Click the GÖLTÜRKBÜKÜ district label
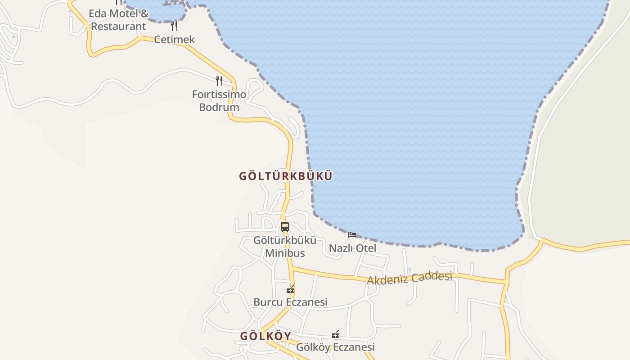285,176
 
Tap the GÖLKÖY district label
265,336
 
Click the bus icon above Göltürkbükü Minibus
285,227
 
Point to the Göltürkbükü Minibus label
285,247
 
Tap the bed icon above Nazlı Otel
352,235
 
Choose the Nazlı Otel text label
352,248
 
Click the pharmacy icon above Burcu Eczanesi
291,289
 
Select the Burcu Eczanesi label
290,302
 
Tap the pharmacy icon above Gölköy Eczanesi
335,334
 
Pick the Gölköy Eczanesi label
335,347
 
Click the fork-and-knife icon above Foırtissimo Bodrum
219,81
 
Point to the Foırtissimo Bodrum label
219,101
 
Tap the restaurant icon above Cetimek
174,26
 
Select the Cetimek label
175,40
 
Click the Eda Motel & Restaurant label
118,20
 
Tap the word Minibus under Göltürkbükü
285,253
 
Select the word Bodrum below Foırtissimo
219,108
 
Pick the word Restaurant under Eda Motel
118,27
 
